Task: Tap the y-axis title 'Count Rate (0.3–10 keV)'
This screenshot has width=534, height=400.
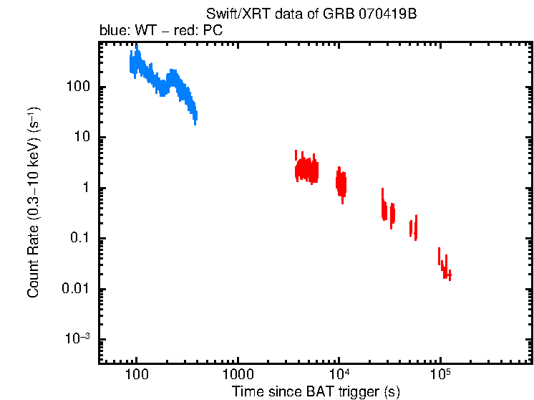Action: pyautogui.click(x=33, y=202)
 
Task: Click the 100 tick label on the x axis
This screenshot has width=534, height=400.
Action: pyautogui.click(x=136, y=375)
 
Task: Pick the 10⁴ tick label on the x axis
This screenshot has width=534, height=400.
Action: pyautogui.click(x=339, y=374)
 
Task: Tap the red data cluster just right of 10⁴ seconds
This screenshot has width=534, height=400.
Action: pyautogui.click(x=341, y=184)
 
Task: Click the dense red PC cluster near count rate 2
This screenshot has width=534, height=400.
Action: pyautogui.click(x=307, y=171)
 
